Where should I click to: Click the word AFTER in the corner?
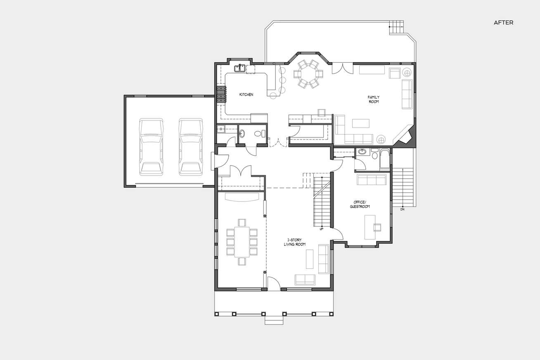tap(503, 23)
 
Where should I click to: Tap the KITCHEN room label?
tap(246, 95)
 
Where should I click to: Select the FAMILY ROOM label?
tap(374, 99)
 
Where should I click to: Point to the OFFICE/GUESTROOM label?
tap(360, 204)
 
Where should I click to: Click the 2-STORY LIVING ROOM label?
tap(295, 242)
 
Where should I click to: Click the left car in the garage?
tap(151, 147)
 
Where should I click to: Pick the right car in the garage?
tap(190, 147)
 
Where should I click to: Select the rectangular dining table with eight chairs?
tap(242, 242)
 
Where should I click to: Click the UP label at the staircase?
tap(321, 229)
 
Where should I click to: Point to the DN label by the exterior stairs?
tap(403, 210)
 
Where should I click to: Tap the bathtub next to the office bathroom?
tap(385, 159)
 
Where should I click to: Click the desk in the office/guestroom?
tap(370, 227)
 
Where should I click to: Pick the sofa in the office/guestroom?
tap(372, 180)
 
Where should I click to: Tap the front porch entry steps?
tap(274, 320)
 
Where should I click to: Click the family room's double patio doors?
tap(342, 69)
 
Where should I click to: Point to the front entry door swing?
tap(274, 283)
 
